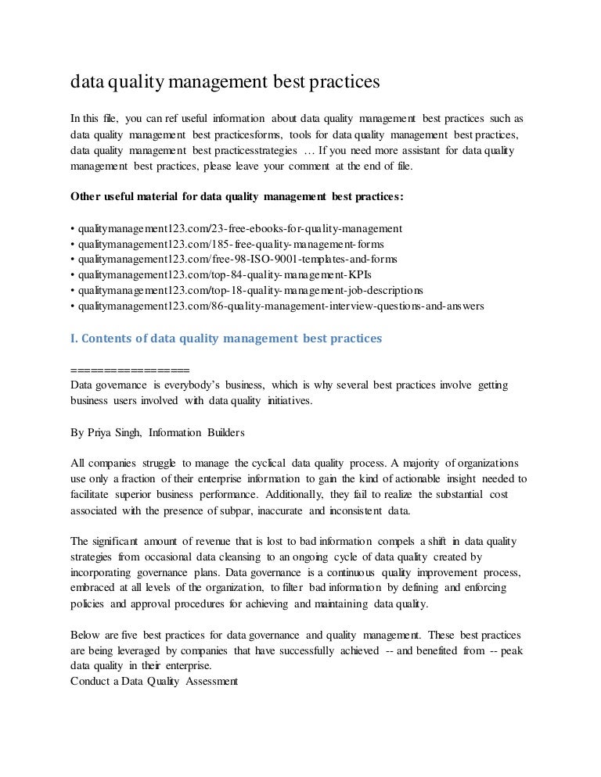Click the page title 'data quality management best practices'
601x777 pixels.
[225, 81]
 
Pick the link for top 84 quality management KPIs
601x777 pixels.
[222, 275]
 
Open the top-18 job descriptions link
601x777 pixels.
[247, 291]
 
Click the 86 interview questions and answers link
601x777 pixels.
[279, 306]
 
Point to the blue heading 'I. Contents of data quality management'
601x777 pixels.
[225, 338]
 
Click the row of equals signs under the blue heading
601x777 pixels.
[130, 370]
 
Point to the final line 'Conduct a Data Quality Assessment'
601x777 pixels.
[154, 680]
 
